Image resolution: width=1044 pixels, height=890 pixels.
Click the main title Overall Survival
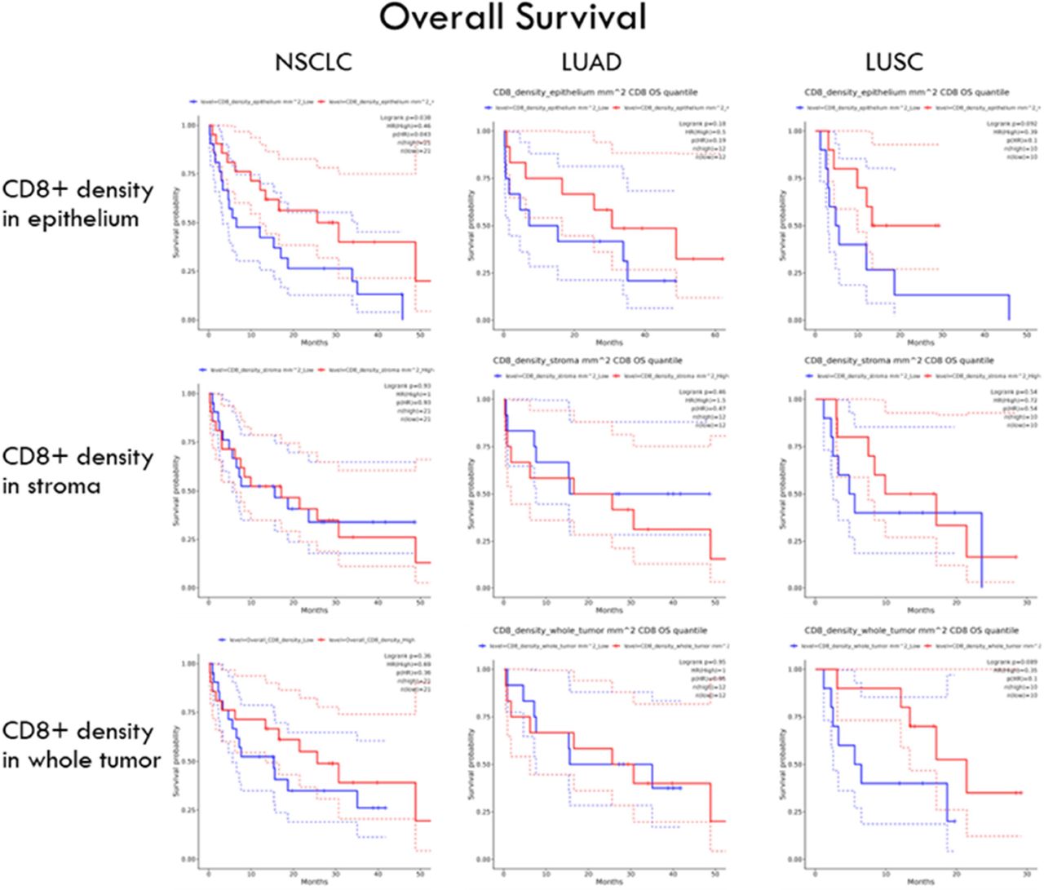click(x=512, y=18)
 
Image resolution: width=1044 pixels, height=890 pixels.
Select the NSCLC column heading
click(x=314, y=63)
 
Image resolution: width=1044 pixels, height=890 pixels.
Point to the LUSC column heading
click(x=895, y=63)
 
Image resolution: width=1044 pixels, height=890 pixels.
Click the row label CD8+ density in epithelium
click(x=78, y=204)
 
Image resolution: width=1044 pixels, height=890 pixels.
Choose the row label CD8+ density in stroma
click(x=78, y=471)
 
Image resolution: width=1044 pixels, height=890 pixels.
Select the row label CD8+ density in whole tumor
click(x=81, y=745)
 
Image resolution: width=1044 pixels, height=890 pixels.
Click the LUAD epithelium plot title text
click(x=595, y=92)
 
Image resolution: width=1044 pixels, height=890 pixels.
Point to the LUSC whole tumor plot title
click(x=911, y=631)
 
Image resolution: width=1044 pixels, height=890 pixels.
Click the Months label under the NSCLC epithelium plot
click(x=314, y=343)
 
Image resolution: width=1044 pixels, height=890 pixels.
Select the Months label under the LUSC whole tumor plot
click(x=920, y=882)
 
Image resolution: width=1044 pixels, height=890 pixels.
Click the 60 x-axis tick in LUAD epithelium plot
click(x=715, y=335)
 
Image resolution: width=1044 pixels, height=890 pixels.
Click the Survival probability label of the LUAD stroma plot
click(x=471, y=494)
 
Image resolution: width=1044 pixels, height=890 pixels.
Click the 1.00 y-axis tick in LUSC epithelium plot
click(x=798, y=131)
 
